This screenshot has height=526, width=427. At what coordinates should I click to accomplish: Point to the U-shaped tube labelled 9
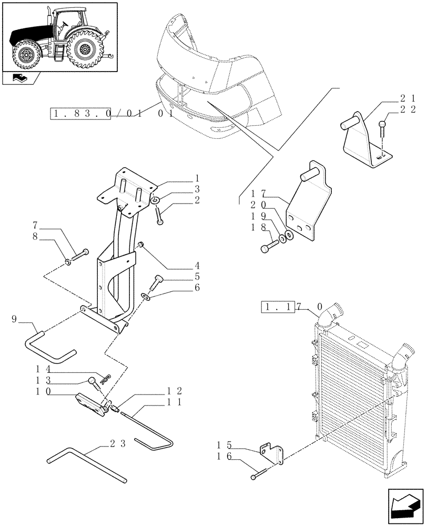(x=47, y=347)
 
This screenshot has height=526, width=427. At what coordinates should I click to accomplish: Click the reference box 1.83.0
(x=80, y=113)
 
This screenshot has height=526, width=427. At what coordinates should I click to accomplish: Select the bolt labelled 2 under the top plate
(x=159, y=217)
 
